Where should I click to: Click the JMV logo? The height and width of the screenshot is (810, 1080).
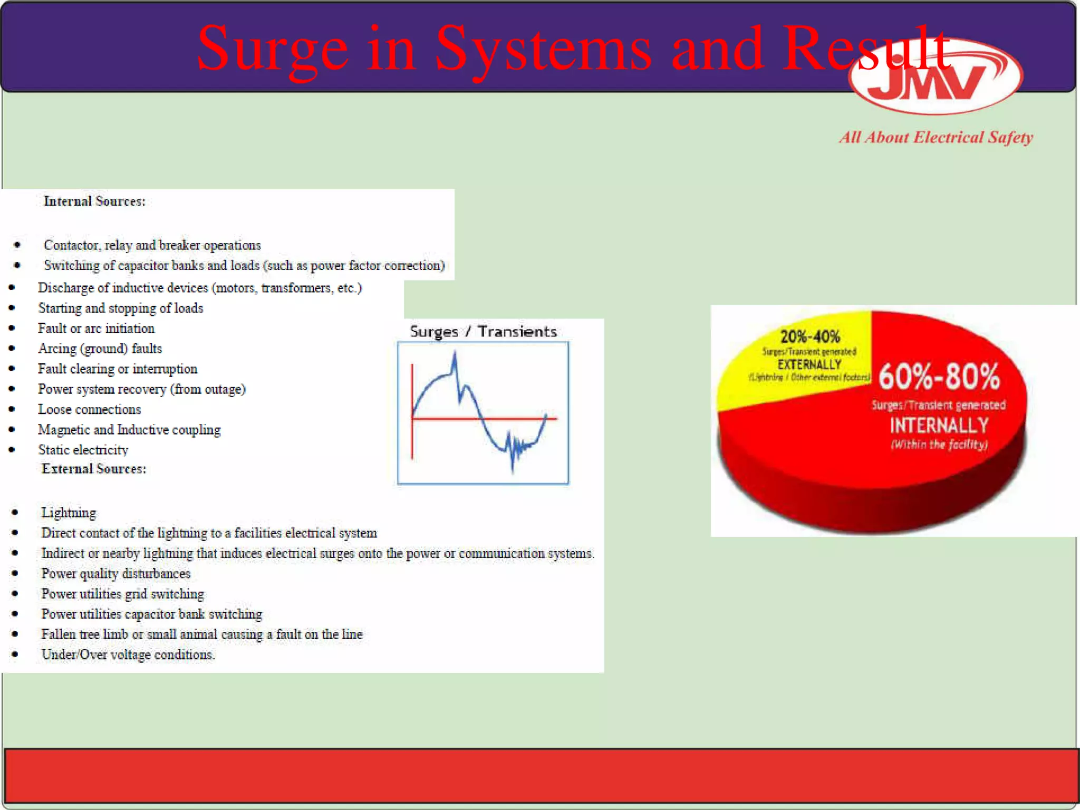click(x=936, y=79)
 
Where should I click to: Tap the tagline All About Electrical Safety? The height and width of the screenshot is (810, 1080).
click(x=936, y=137)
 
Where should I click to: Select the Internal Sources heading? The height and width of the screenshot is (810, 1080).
click(x=94, y=201)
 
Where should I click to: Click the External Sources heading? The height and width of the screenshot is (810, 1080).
click(x=94, y=469)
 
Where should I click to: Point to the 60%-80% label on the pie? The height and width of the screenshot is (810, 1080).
click(x=939, y=377)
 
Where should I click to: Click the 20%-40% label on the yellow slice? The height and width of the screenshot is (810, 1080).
click(x=810, y=336)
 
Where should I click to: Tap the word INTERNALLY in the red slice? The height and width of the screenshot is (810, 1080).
click(x=939, y=426)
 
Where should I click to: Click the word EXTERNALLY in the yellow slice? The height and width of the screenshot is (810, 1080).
click(x=809, y=364)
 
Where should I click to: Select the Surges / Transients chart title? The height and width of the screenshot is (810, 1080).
click(x=483, y=332)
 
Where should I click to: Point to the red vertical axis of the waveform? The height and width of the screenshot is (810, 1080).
click(x=412, y=411)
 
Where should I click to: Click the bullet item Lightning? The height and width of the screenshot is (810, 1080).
click(x=69, y=513)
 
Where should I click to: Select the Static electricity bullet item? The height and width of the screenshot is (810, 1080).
click(x=83, y=450)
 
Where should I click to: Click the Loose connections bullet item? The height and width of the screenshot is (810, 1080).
click(x=90, y=409)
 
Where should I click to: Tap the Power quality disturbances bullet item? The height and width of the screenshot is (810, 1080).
click(x=116, y=573)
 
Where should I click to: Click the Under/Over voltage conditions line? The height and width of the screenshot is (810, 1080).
click(x=128, y=654)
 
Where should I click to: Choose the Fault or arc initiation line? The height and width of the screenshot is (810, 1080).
click(x=96, y=329)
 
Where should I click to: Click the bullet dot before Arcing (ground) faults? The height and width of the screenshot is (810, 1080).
click(x=12, y=349)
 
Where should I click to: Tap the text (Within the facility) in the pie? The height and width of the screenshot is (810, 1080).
click(x=939, y=444)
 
